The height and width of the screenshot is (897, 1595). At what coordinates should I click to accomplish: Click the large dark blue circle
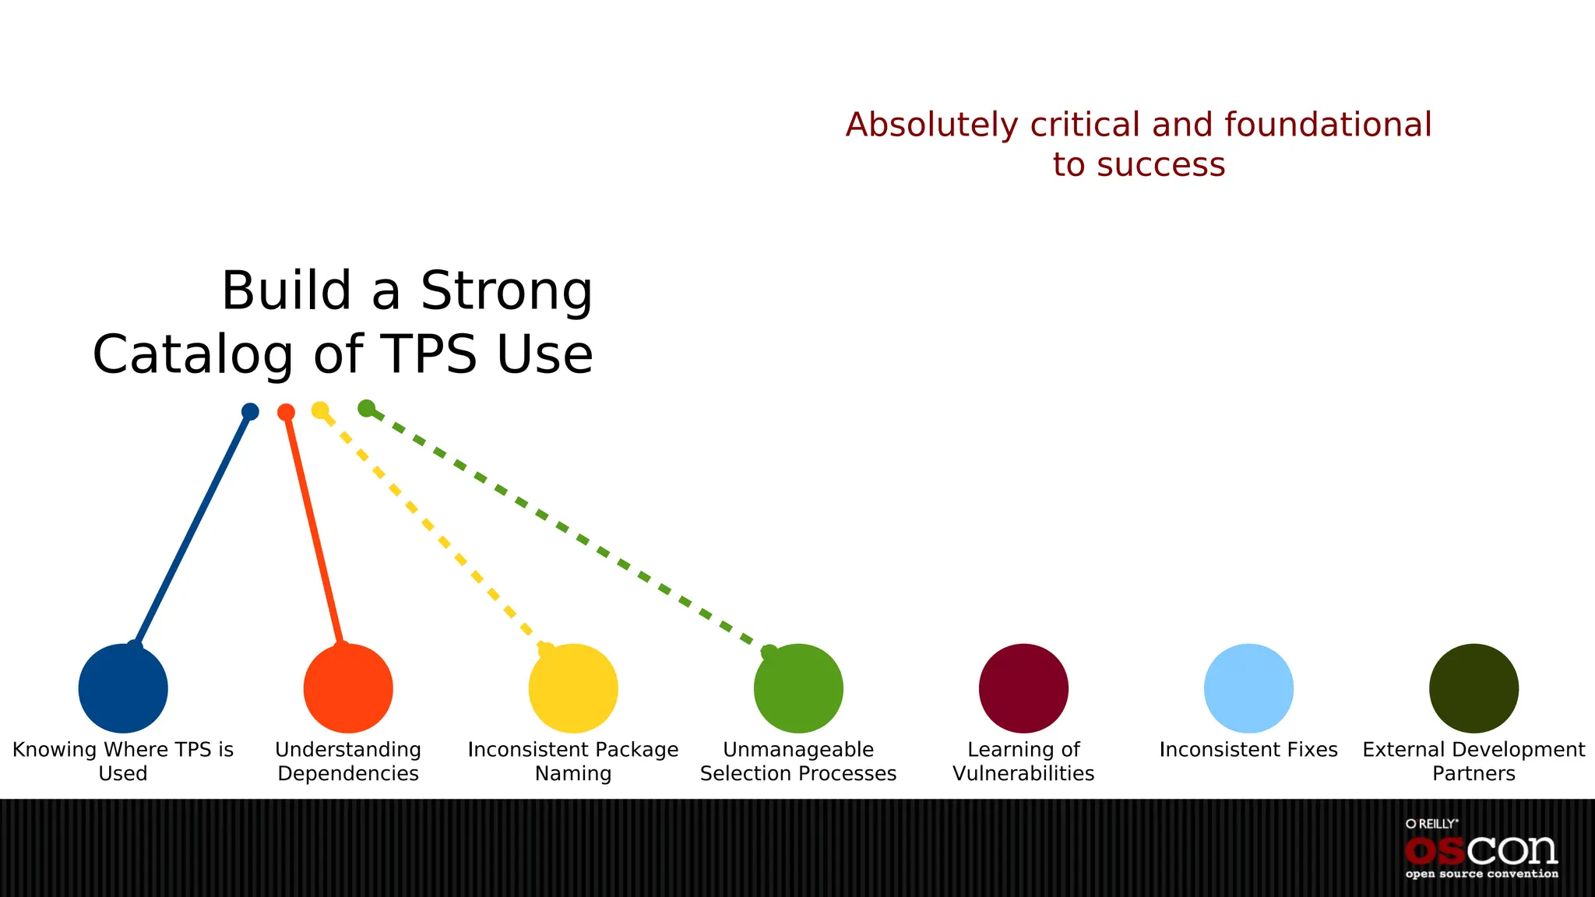click(123, 688)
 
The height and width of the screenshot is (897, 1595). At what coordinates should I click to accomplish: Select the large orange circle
click(348, 688)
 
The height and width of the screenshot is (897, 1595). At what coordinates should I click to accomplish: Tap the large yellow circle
click(573, 688)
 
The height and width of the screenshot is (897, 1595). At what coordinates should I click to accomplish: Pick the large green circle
click(798, 688)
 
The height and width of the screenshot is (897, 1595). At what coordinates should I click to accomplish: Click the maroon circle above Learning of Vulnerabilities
click(1023, 688)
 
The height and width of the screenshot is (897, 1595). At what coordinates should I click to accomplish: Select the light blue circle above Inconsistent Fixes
click(1248, 688)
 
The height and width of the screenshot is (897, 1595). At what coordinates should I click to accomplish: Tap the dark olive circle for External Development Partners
click(1474, 688)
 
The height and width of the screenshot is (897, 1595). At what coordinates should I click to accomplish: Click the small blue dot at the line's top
click(250, 411)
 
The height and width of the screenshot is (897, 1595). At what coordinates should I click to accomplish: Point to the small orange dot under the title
click(286, 412)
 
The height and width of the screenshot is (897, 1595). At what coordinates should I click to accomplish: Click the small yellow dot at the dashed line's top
click(320, 410)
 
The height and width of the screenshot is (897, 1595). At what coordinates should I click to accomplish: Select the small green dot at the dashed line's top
click(366, 408)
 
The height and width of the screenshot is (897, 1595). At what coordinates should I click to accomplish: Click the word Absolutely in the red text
click(931, 125)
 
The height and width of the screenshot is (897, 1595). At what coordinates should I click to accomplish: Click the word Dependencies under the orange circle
click(348, 774)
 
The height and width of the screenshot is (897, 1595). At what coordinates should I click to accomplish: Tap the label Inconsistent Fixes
click(1248, 750)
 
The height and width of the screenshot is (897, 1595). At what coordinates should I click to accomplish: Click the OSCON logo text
click(1481, 851)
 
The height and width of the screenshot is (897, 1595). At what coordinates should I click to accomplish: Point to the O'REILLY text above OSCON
click(1431, 824)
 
